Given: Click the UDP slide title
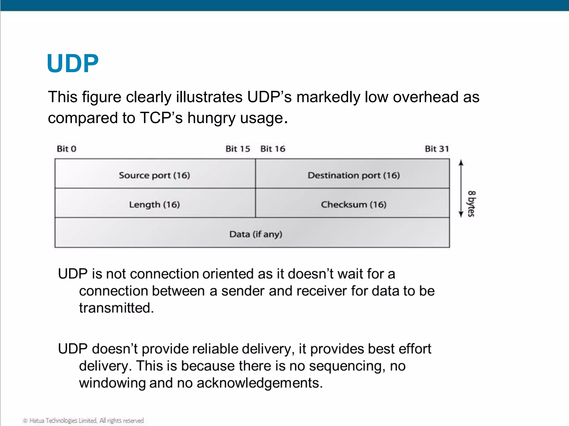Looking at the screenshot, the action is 73,64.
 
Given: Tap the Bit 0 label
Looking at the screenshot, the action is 66,149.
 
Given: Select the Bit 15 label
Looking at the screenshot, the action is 238,149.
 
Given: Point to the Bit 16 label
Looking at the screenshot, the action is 273,149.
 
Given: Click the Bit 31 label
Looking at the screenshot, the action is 437,149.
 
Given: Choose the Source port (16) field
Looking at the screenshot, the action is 154,175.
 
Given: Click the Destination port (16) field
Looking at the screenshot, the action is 354,175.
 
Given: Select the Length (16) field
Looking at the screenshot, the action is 154,205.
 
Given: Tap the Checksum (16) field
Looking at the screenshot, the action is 354,205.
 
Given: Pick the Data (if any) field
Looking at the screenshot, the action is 256,234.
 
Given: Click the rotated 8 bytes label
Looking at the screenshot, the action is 471,204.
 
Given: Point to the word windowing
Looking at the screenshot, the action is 112,383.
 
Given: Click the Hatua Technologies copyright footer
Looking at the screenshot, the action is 83,420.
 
